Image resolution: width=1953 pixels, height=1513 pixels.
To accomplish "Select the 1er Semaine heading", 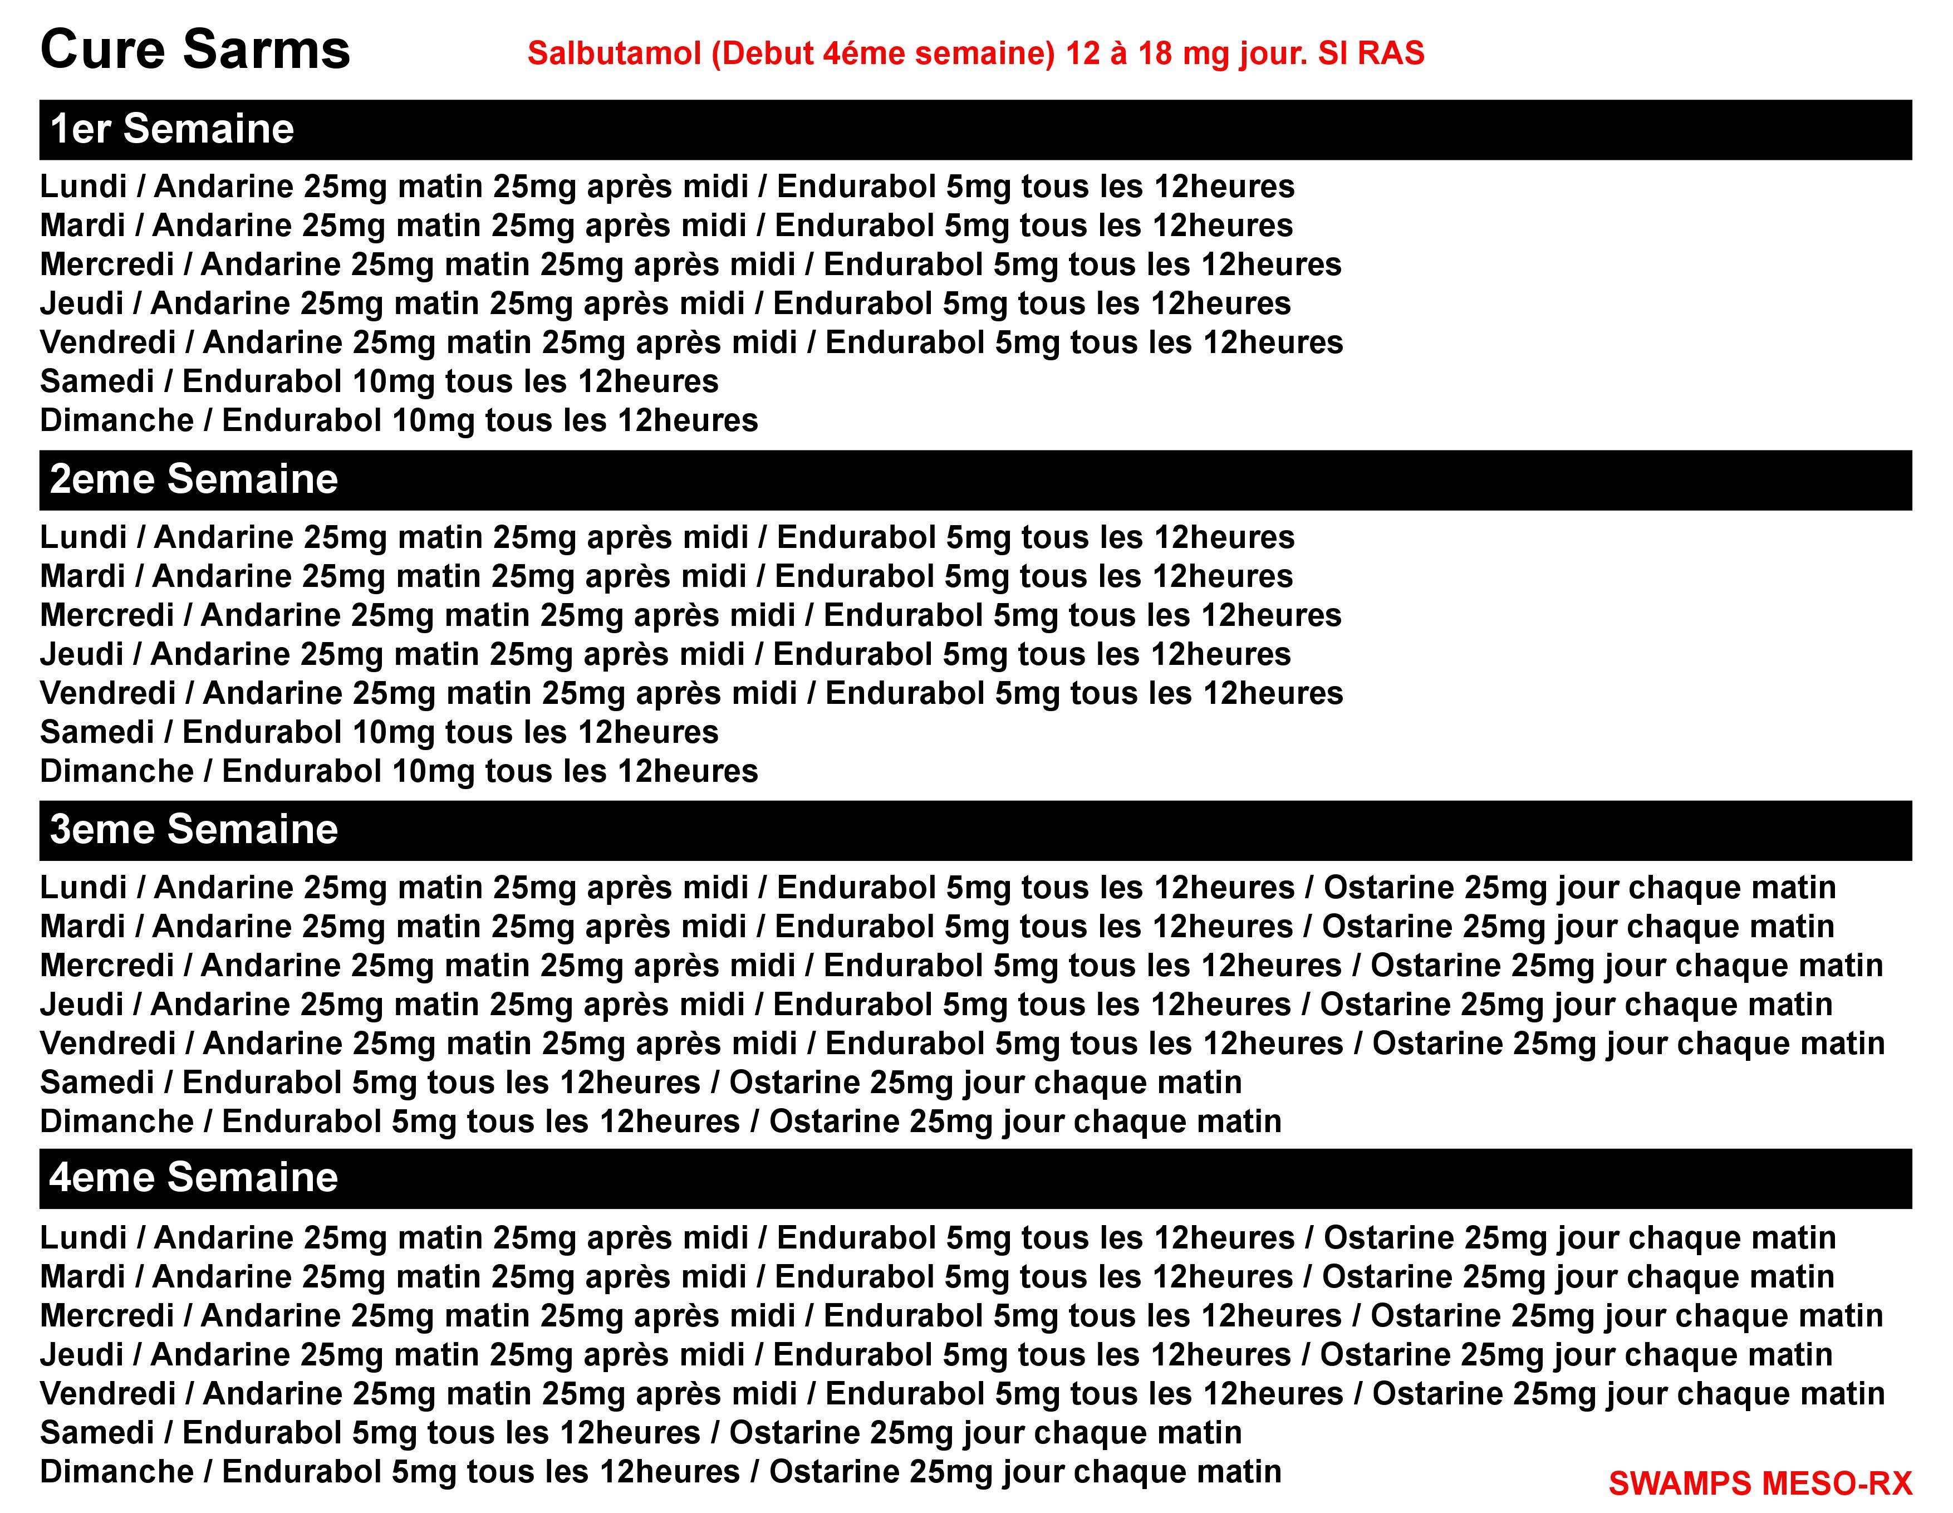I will (x=171, y=129).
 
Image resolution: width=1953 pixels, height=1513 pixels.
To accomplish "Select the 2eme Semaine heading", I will (x=193, y=479).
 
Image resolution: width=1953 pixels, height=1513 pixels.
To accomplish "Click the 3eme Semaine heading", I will (x=193, y=829).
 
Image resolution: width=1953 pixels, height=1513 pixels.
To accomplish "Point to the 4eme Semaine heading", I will (x=193, y=1178).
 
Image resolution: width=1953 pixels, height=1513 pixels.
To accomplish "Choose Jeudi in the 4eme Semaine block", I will (x=81, y=1355).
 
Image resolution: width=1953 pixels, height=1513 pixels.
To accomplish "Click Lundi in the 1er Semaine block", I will (x=83, y=187).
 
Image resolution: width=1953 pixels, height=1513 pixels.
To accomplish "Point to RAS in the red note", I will (x=1391, y=53).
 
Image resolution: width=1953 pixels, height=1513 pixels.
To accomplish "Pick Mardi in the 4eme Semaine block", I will (x=82, y=1277).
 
